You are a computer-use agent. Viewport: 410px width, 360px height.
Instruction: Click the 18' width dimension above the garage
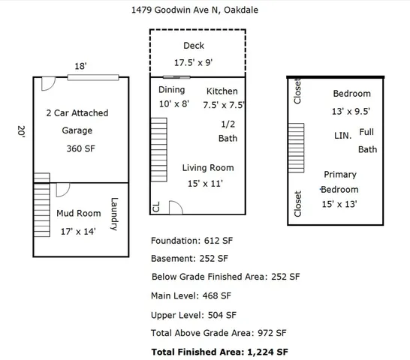pos(80,67)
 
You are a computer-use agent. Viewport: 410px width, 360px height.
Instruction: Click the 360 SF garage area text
pos(82,148)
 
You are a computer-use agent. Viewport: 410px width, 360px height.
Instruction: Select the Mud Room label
pos(79,214)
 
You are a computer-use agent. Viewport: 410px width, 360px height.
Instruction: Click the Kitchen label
pos(222,91)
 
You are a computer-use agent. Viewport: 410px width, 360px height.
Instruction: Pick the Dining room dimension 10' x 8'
pos(174,105)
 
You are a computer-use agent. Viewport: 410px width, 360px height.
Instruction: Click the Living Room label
pos(207,168)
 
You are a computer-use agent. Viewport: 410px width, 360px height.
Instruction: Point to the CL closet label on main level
pos(156,207)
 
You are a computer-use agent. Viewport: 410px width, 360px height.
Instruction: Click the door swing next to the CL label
pos(175,207)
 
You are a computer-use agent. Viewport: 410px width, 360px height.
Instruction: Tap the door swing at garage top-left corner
pos(47,83)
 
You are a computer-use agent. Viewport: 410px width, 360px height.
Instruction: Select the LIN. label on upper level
pos(342,136)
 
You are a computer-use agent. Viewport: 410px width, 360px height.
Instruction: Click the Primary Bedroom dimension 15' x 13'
pos(339,204)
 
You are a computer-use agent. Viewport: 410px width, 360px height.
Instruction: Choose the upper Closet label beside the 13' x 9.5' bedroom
pos(297,91)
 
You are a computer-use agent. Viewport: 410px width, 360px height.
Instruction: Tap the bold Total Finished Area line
pos(219,351)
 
